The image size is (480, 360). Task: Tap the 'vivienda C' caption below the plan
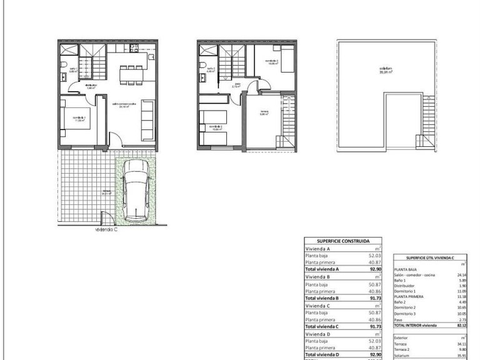[107, 229]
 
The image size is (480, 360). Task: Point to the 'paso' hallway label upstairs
[237, 85]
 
